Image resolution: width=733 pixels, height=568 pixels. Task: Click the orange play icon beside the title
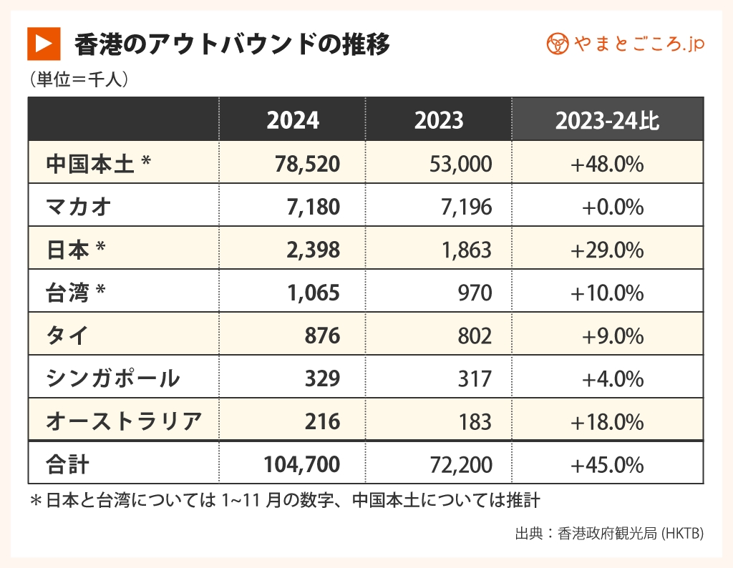pos(41,44)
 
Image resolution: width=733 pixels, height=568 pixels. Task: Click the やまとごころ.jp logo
pos(625,44)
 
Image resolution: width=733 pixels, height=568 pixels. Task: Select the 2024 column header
pos(293,120)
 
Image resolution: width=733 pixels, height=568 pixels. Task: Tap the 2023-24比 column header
pos(607,120)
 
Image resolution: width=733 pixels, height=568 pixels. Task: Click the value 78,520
pos(307,164)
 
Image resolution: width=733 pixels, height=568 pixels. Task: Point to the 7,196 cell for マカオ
pos(465,207)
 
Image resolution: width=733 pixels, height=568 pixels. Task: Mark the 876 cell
pos(321,336)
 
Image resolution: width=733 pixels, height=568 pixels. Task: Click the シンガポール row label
pos(112,378)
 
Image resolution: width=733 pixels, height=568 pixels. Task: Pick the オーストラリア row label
pos(122,421)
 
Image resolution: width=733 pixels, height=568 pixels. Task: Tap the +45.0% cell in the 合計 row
pos(607,465)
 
